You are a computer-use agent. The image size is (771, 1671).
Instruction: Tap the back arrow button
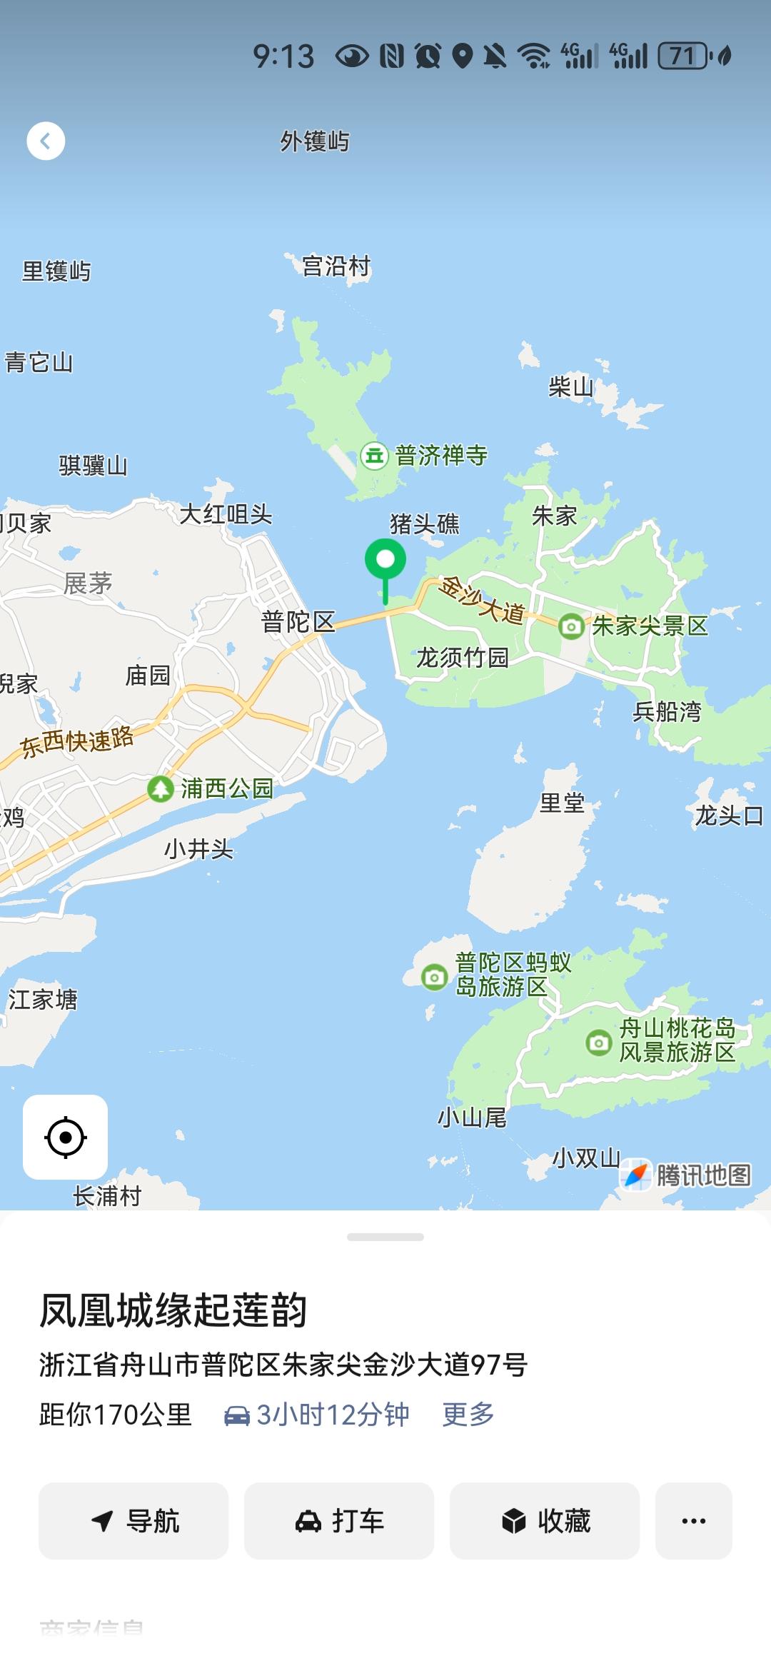point(46,141)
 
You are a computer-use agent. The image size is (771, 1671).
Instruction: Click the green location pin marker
point(385,561)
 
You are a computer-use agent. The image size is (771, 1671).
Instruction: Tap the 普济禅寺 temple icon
point(374,455)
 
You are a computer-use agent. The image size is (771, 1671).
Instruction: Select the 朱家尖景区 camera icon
point(570,627)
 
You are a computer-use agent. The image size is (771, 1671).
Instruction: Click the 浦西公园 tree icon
point(161,788)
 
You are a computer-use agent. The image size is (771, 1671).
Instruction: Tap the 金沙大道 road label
point(481,600)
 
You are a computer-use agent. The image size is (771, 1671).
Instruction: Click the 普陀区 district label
point(298,622)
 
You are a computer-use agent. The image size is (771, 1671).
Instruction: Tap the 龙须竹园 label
point(462,657)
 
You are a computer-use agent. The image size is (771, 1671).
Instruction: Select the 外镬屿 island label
point(315,141)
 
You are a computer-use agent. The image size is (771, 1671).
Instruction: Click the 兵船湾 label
point(667,711)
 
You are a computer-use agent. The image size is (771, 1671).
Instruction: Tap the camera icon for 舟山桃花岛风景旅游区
point(598,1043)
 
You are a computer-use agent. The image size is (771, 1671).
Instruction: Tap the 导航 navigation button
point(133,1521)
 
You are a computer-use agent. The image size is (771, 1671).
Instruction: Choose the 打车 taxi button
point(339,1521)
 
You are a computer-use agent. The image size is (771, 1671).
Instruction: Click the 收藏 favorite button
point(545,1521)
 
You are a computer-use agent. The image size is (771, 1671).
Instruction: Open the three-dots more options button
point(693,1521)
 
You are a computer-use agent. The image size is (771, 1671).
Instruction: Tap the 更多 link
point(468,1414)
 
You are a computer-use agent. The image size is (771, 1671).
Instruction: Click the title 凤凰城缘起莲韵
point(173,1310)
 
